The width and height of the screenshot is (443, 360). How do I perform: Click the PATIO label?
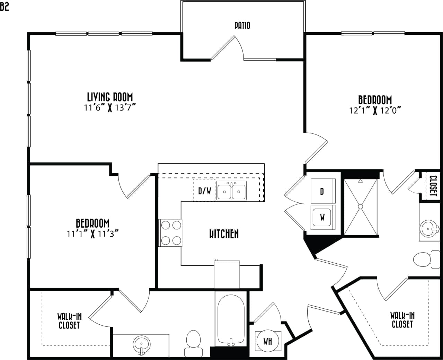click(x=242, y=25)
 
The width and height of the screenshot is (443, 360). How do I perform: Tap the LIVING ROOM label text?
click(x=110, y=97)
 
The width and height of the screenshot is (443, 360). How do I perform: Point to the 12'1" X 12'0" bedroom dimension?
click(x=375, y=111)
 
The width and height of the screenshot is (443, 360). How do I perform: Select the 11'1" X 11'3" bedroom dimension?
click(x=93, y=234)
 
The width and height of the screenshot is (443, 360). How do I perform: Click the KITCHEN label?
click(x=224, y=234)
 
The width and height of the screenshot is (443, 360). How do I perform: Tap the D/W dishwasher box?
click(x=204, y=191)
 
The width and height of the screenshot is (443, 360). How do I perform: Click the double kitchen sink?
click(x=231, y=191)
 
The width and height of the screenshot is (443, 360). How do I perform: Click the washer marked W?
click(x=322, y=218)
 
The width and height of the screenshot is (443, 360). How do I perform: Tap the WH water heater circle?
click(x=268, y=341)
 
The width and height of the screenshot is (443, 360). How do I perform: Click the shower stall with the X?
click(x=360, y=207)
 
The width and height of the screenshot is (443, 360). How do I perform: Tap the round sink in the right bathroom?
click(x=429, y=228)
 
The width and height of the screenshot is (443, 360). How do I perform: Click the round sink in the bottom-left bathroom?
click(x=141, y=344)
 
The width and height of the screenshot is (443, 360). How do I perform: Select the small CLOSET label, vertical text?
click(x=433, y=186)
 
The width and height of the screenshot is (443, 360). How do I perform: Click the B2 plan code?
click(x=5, y=7)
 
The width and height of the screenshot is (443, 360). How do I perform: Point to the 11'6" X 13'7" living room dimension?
click(x=109, y=107)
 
